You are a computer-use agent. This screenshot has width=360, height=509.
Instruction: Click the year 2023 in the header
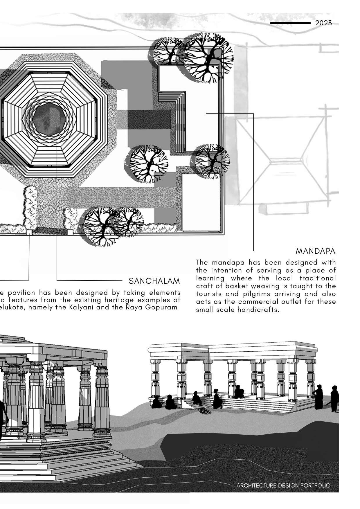(323, 23)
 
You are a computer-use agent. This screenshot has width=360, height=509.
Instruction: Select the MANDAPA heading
(316, 251)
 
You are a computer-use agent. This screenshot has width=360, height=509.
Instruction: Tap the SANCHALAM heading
(154, 281)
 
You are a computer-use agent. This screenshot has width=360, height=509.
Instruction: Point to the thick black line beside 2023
(290, 23)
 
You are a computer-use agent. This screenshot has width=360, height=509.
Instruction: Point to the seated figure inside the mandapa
(239, 392)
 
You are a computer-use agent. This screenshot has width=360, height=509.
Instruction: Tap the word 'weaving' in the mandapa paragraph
(256, 286)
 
